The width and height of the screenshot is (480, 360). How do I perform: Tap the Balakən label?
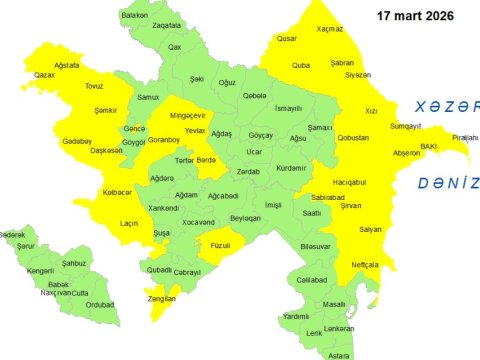coord(134,16)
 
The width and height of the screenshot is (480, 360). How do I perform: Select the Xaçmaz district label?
coord(329,30)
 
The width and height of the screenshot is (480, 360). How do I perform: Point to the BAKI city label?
coord(428,146)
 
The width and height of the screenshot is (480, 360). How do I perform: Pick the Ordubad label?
coord(99,305)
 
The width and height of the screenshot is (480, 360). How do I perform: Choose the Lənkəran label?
coord(339,328)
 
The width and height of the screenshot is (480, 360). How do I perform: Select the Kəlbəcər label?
coord(117,192)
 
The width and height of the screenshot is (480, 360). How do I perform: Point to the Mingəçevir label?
coord(187,115)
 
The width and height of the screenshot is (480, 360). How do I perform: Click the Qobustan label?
coord(353,137)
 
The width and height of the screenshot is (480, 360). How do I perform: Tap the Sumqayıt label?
coord(405,125)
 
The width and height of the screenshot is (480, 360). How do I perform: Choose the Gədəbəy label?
coord(77,141)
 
